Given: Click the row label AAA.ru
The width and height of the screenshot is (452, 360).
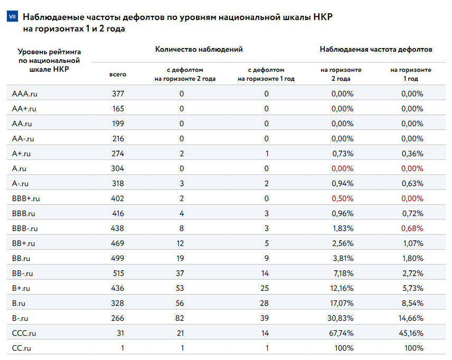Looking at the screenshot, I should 24,94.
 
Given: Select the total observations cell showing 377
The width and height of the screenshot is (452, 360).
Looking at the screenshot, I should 118,94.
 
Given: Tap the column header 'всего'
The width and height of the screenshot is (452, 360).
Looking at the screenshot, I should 118,74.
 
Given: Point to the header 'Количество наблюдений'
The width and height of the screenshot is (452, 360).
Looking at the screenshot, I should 199,50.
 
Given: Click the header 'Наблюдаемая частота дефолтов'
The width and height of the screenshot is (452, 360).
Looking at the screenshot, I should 376,50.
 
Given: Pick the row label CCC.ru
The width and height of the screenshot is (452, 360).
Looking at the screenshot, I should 24,333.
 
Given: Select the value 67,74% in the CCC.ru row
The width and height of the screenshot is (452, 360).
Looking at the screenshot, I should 342,333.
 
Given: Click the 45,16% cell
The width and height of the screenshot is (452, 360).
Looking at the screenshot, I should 412,333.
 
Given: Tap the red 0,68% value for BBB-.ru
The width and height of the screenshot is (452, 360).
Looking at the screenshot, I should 412,229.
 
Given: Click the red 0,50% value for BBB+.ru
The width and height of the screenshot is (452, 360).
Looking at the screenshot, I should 342,198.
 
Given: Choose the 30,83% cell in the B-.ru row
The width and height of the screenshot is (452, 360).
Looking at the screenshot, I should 342,318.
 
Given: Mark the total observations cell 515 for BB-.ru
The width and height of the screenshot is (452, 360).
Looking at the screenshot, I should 118,273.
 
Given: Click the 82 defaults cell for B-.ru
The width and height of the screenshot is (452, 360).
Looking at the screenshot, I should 181,318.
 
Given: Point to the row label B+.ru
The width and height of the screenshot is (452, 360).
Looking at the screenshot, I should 21,288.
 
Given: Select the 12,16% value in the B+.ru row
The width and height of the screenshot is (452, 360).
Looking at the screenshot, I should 342,288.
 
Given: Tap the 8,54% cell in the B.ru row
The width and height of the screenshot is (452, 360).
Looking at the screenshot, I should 412,303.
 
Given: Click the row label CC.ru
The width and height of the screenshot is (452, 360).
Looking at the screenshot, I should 22,348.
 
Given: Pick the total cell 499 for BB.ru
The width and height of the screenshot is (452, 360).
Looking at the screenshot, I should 118,258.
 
